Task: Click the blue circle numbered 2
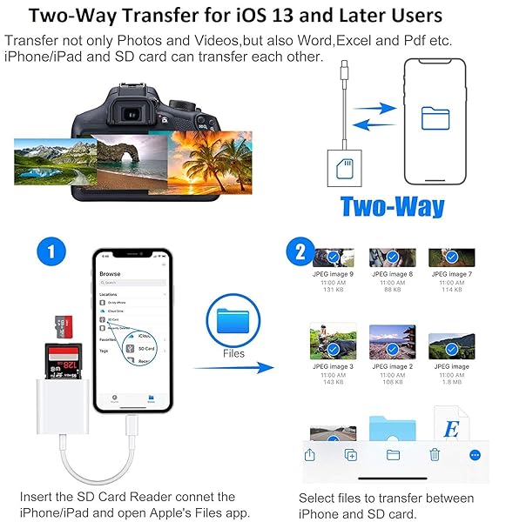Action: point(300,253)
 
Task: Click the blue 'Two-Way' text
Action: point(392,206)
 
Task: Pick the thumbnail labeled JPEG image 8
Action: point(391,258)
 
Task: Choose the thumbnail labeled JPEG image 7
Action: point(451,258)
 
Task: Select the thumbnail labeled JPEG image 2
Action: point(391,343)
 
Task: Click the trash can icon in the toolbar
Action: point(435,453)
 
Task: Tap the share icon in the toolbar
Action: point(309,453)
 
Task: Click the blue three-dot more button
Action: point(476,453)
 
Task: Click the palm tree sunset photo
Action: point(210,160)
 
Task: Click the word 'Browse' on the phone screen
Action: point(111,273)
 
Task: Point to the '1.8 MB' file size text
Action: point(451,383)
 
